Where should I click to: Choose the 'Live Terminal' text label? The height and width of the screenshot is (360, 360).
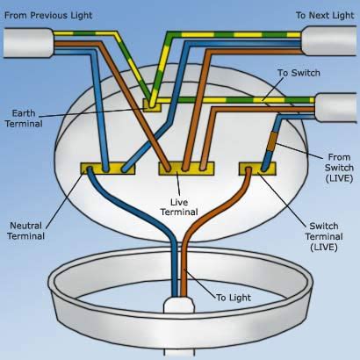[179, 206]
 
